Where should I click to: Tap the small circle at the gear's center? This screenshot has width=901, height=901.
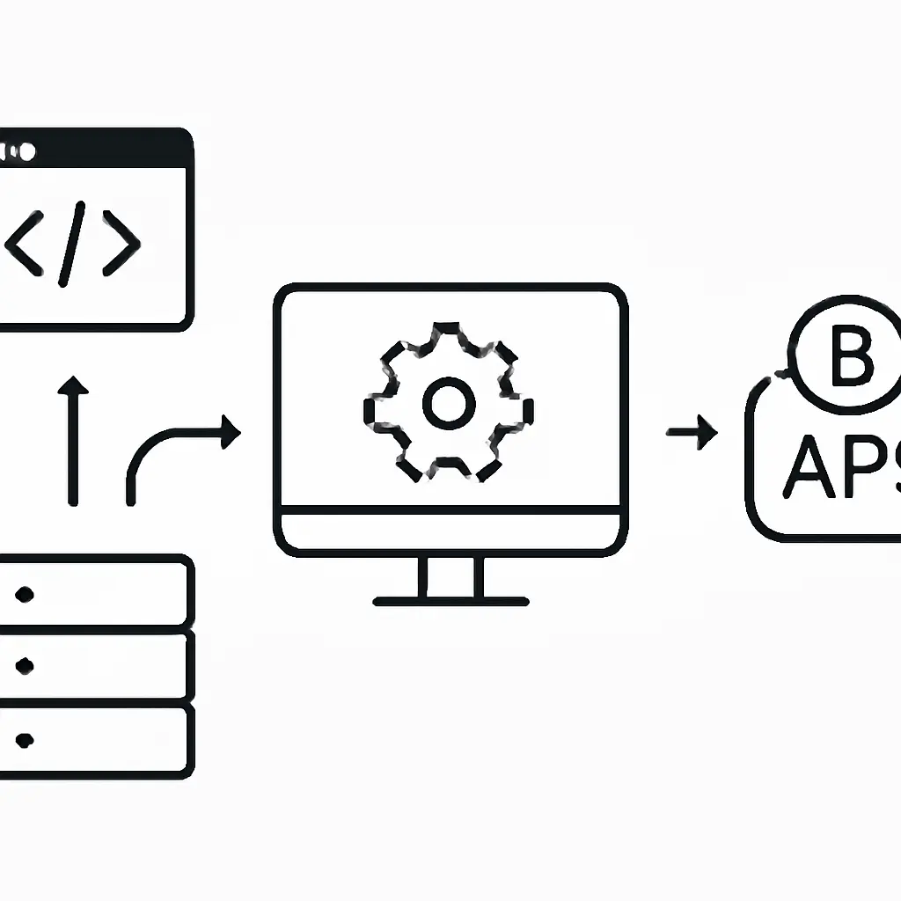click(449, 402)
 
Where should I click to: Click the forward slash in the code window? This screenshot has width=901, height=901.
click(71, 244)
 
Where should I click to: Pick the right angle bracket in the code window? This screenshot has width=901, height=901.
click(121, 241)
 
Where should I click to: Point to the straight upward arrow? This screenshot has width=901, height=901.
click(73, 440)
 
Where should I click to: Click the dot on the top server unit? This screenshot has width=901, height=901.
click(25, 594)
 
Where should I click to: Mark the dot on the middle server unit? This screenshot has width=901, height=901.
click(25, 665)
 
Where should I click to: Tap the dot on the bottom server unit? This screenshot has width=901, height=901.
click(25, 738)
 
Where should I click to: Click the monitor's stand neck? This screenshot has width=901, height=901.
click(450, 576)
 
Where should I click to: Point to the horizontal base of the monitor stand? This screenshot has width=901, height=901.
click(450, 602)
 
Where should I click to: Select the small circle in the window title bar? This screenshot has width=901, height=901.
click(27, 152)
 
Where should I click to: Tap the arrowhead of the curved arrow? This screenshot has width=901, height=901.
click(231, 431)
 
